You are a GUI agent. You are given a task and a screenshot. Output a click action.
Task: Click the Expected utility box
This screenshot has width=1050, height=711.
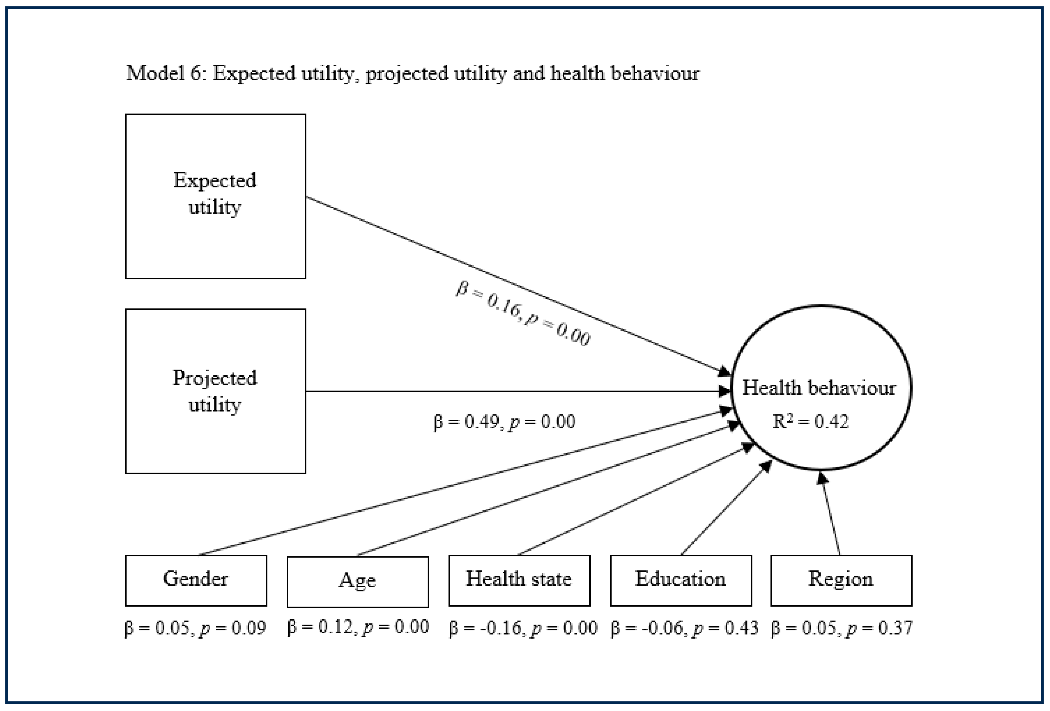click(215, 196)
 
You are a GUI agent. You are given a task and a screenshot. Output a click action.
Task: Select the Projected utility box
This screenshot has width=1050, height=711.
click(215, 391)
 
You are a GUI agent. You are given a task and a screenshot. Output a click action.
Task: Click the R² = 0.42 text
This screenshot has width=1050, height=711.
click(811, 422)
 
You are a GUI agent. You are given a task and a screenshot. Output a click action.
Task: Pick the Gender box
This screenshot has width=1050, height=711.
click(196, 580)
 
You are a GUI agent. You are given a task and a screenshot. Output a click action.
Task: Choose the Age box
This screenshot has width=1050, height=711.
click(357, 581)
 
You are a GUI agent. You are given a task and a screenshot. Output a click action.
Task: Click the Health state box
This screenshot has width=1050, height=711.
click(519, 580)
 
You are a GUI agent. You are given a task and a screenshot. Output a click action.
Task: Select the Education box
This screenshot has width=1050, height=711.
click(681, 580)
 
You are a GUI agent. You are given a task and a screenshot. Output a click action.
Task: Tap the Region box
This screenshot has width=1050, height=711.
click(841, 580)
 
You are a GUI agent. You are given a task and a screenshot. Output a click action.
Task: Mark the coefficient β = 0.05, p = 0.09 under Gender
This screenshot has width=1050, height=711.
click(195, 628)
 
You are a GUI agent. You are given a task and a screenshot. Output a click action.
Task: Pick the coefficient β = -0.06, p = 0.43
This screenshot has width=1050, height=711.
click(684, 628)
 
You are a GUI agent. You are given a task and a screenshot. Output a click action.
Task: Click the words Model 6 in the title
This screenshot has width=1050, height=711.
click(164, 73)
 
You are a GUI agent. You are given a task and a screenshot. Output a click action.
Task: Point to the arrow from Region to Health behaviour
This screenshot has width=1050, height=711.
click(830, 515)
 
